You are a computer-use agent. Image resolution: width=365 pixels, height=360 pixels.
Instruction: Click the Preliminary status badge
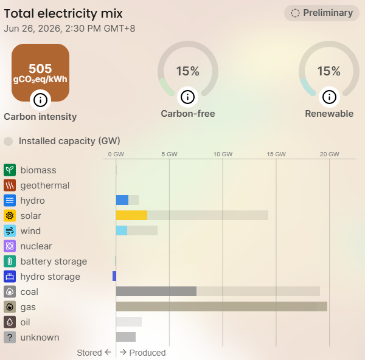point(321,13)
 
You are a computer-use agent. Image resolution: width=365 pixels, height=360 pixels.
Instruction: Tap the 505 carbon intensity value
point(40,69)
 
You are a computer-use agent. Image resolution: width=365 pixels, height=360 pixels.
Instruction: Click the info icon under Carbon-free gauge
point(187,97)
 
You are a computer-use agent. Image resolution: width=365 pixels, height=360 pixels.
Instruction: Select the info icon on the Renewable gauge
point(329,97)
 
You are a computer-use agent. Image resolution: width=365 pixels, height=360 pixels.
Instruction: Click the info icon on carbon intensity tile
point(40,100)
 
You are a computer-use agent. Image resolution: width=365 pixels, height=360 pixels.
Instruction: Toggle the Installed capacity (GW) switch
point(9,141)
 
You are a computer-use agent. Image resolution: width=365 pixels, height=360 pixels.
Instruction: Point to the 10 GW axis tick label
point(223,154)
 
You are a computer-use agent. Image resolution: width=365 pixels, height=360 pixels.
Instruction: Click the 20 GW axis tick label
point(329,154)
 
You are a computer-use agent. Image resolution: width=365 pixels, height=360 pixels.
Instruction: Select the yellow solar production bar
point(131,215)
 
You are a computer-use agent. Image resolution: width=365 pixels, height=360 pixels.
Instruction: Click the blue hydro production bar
point(122,200)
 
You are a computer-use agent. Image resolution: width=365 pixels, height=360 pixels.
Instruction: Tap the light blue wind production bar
point(122,230)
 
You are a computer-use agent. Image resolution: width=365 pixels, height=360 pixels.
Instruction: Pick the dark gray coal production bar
point(156,291)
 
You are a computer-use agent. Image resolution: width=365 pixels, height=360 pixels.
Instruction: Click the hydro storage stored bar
point(114,276)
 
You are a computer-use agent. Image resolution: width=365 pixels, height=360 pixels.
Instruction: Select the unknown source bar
point(126,337)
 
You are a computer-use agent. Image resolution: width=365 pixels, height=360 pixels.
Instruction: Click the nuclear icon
point(10,246)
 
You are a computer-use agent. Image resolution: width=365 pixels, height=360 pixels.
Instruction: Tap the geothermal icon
point(10,185)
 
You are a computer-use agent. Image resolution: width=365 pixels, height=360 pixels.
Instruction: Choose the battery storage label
point(54,261)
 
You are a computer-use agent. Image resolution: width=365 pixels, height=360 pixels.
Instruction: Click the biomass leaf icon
point(10,170)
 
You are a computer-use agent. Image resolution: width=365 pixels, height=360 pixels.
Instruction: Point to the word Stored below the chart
point(89,353)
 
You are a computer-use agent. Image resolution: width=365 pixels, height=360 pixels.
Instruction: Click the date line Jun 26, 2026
point(69,29)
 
